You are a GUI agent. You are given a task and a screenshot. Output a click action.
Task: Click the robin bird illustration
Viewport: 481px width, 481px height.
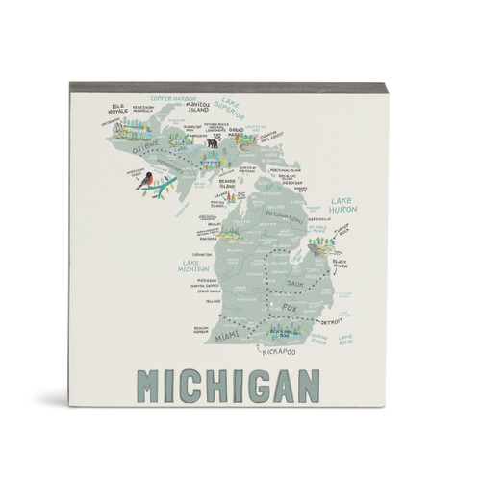pyautogui.click(x=145, y=181)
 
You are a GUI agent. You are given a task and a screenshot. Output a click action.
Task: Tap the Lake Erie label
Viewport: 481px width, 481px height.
pyautogui.click(x=344, y=336)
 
